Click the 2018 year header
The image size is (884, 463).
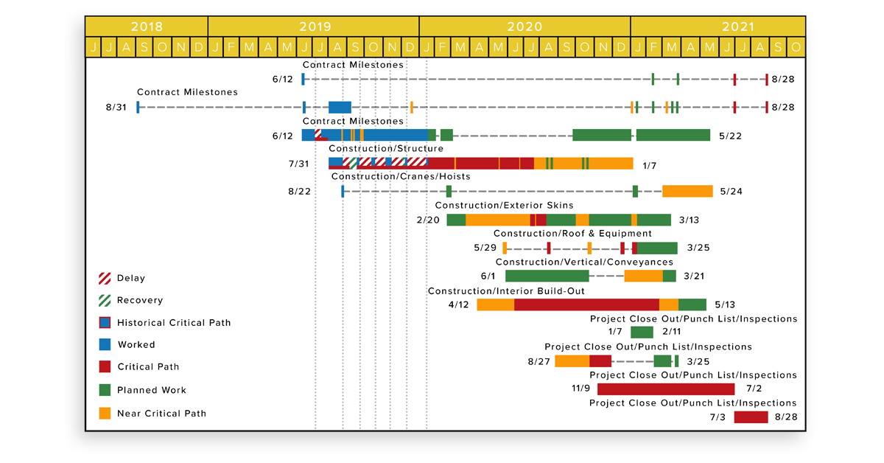click(147, 27)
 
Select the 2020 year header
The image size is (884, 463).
click(525, 27)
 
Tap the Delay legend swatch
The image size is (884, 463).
click(105, 279)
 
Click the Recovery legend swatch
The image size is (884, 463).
click(105, 301)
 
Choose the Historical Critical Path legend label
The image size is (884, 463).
click(174, 323)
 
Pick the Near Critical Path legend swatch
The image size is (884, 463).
click(105, 414)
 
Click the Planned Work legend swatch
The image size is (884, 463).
click(105, 390)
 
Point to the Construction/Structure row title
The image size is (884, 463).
click(386, 149)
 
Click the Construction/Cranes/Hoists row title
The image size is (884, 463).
click(401, 177)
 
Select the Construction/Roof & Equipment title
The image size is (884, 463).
click(572, 234)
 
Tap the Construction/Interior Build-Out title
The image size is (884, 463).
click(506, 291)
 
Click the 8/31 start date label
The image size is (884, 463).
click(116, 108)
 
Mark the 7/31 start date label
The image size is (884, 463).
click(299, 164)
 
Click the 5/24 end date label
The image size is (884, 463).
click(731, 192)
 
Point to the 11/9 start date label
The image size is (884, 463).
click(581, 389)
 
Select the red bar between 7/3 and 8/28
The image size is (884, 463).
click(751, 417)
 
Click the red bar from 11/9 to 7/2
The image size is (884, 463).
click(666, 389)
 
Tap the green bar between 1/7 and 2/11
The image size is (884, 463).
click(642, 333)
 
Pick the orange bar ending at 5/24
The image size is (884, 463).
click(687, 192)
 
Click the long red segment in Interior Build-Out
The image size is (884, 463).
click(586, 305)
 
